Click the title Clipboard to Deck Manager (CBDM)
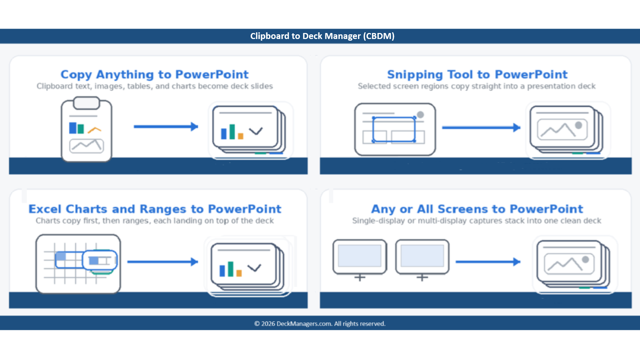pos(322,36)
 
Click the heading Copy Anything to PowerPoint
pos(155,74)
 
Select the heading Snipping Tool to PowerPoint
pos(477,74)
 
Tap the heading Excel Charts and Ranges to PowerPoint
pos(155,209)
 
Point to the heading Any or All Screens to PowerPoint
pos(477,209)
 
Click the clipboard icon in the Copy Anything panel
pos(87,129)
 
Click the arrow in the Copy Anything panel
pos(166,127)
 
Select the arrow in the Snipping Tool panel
pos(481,128)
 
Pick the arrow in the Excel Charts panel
pos(163,262)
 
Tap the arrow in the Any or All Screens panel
pos(488,262)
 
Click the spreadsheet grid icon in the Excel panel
pos(78,264)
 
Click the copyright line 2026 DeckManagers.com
pos(320,324)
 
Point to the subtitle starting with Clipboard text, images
pos(155,86)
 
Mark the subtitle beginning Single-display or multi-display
pos(477,221)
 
